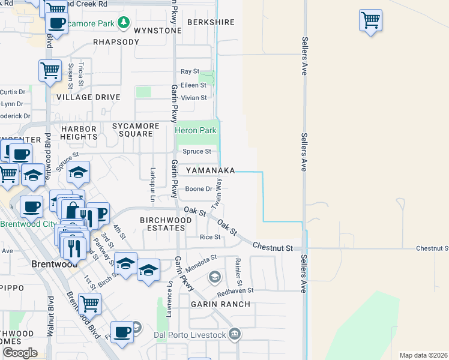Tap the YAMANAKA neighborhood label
pos(210,171)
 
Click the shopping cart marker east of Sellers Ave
pos(371,20)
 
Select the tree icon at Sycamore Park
pos(124,23)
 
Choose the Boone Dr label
pos(198,189)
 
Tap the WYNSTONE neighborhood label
pos(157,31)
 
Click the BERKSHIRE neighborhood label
pos(210,22)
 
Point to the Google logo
pos(19,353)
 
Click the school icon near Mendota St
pos(215,277)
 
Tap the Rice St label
pos(210,237)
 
